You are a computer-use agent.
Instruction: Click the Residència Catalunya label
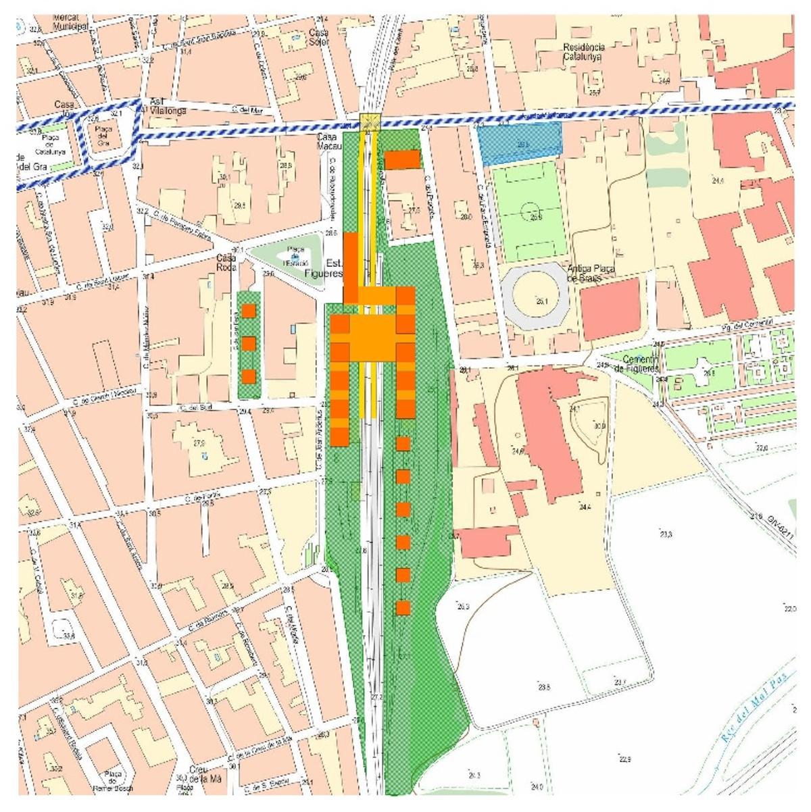(583, 52)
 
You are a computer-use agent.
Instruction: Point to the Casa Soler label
(318, 37)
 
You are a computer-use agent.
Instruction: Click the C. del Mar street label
(246, 109)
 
